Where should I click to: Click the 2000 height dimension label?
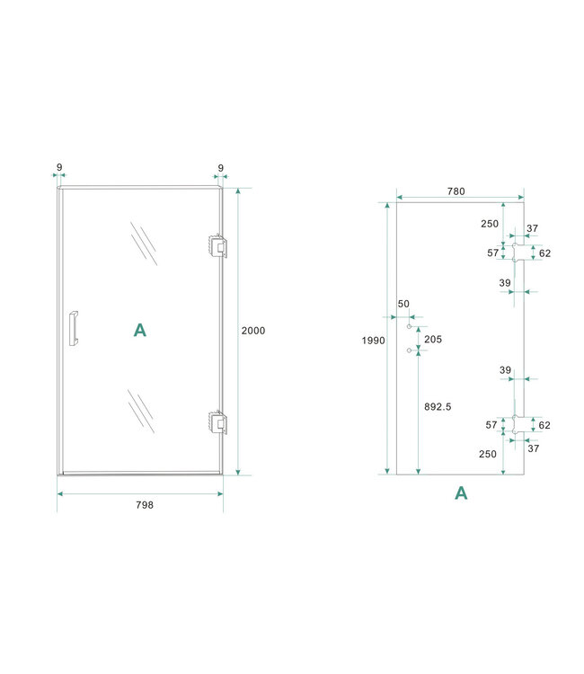pyautogui.click(x=253, y=331)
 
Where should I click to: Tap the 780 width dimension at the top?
pyautogui.click(x=456, y=191)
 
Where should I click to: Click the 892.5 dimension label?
pyautogui.click(x=438, y=406)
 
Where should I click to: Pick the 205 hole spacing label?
pyautogui.click(x=433, y=339)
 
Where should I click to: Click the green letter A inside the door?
pyautogui.click(x=140, y=331)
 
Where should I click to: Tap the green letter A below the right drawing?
pyautogui.click(x=461, y=492)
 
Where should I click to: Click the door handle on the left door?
pyautogui.click(x=74, y=328)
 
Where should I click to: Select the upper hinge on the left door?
pyautogui.click(x=217, y=245)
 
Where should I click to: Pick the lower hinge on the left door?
pyautogui.click(x=217, y=421)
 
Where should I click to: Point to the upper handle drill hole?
pyautogui.click(x=409, y=328)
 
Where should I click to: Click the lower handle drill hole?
pyautogui.click(x=409, y=349)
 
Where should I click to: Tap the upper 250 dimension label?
pyautogui.click(x=489, y=224)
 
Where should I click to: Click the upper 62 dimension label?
pyautogui.click(x=544, y=253)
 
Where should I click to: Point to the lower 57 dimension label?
pyautogui.click(x=492, y=424)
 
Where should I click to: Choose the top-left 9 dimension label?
pyautogui.click(x=59, y=167)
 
